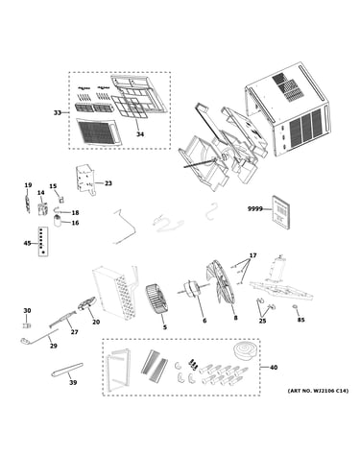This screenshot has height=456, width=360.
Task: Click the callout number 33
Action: pos(58,112)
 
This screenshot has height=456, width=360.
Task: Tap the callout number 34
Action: pos(140,134)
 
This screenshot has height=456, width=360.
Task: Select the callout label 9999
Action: pos(254,209)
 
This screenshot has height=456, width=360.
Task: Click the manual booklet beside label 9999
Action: pos(281,212)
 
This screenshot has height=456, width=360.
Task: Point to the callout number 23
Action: pos(108,183)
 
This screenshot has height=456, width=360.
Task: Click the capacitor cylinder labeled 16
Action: pos(58,221)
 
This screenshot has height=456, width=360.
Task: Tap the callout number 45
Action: pos(27,243)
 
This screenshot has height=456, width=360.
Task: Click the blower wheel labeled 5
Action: pos(156,299)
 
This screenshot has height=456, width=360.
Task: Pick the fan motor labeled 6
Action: pos(190,288)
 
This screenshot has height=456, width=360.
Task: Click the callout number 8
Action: pos(235,318)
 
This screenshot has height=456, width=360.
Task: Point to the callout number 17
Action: pos(252,255)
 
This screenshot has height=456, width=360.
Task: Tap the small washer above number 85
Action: pos(295,308)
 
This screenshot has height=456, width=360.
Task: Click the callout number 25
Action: pos(262,321)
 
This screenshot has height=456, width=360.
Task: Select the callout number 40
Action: pos(274,368)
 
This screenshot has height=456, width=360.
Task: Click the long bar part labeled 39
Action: pos(67,370)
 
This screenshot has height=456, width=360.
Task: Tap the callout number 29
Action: pos(54,346)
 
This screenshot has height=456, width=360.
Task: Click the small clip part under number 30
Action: pos(27,325)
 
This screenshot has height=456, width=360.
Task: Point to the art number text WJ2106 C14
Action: pos(324,391)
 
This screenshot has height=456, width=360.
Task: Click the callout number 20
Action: pos(96,322)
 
